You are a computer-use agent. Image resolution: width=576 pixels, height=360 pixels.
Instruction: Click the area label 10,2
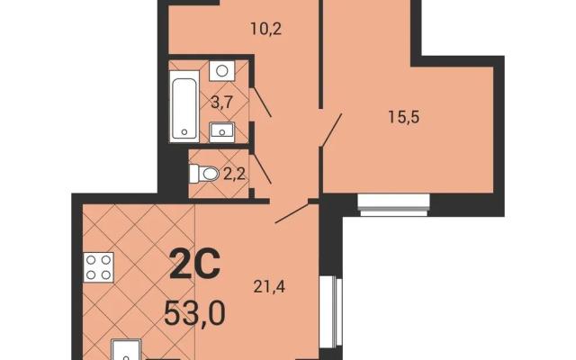point(265,28)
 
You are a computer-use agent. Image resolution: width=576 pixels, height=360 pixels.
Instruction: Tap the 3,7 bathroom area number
point(221,102)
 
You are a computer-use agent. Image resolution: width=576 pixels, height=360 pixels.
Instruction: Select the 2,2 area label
point(234,174)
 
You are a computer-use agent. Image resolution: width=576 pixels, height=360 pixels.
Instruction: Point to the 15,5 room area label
point(404,118)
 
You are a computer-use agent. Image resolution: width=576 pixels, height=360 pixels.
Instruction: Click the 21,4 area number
point(269,286)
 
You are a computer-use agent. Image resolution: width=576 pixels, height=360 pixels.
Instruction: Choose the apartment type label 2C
point(195,264)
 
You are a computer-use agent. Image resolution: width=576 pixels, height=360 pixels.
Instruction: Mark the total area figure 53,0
point(194,313)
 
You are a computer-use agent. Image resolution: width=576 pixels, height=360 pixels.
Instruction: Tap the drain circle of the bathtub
point(184,131)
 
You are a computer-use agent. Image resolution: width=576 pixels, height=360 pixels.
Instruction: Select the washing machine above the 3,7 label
point(222,71)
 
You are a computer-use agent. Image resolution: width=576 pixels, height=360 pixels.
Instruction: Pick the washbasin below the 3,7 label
point(221,132)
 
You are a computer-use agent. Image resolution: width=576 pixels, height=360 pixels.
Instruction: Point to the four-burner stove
point(98,267)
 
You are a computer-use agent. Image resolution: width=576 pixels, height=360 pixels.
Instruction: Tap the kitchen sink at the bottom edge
point(126,350)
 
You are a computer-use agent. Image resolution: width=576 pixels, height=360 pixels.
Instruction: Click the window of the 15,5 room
point(393,204)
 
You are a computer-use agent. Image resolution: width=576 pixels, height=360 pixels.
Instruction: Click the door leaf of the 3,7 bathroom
point(262,102)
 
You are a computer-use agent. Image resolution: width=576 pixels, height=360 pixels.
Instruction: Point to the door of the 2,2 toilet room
point(262,168)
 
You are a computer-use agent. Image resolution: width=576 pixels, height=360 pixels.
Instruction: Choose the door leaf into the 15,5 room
point(331,130)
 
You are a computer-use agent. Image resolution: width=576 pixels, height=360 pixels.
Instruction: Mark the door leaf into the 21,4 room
point(292,212)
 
